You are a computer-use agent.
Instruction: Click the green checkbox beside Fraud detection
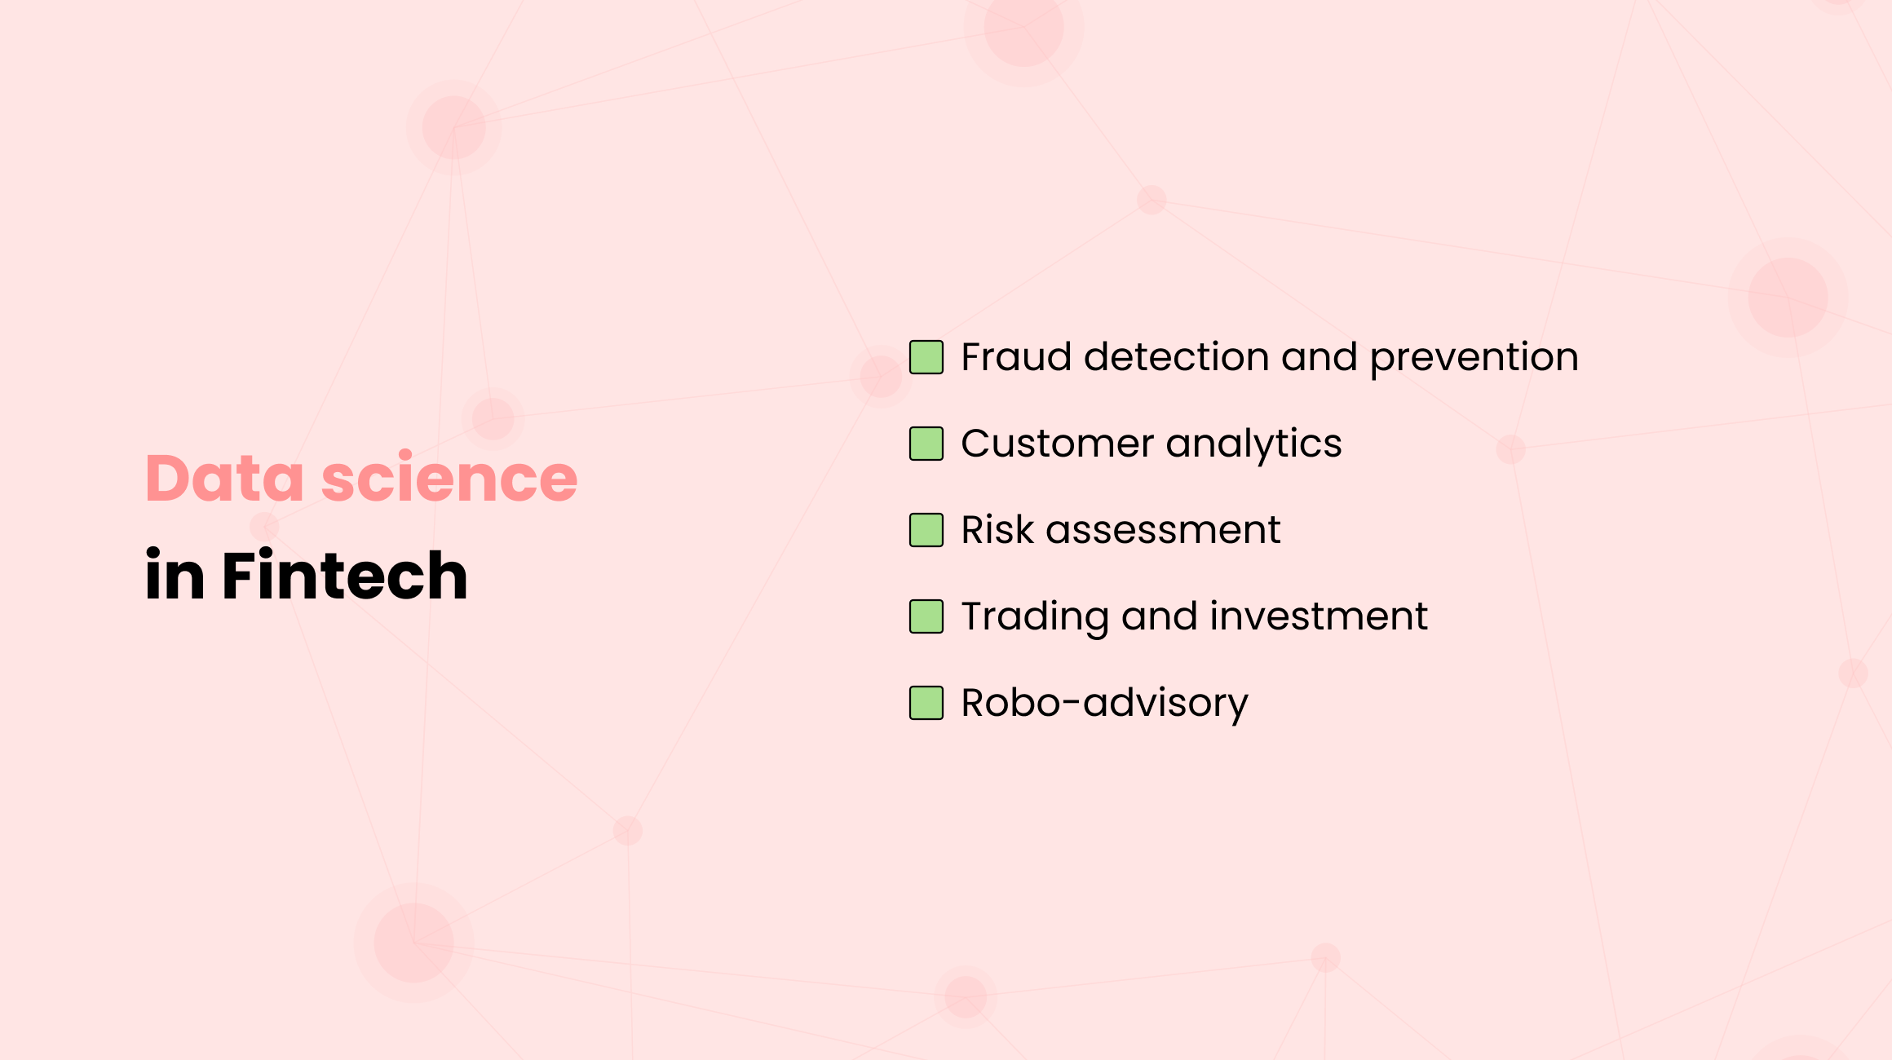pos(926,357)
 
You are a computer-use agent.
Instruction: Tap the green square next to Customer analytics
pos(926,444)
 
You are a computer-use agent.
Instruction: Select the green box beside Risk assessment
pos(926,530)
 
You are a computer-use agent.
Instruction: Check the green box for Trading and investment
pos(926,616)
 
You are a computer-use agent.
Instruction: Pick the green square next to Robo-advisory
pos(926,703)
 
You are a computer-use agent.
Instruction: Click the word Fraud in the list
pos(1015,357)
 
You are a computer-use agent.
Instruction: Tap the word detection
pos(1176,357)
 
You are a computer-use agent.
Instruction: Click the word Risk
pos(997,530)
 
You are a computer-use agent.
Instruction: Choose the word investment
pos(1319,616)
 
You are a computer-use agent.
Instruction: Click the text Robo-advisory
pos(1104,703)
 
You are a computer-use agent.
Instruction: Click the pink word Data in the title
pos(224,478)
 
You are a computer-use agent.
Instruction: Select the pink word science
pos(449,478)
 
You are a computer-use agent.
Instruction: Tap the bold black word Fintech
pos(344,576)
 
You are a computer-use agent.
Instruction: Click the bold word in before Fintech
pos(175,576)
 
